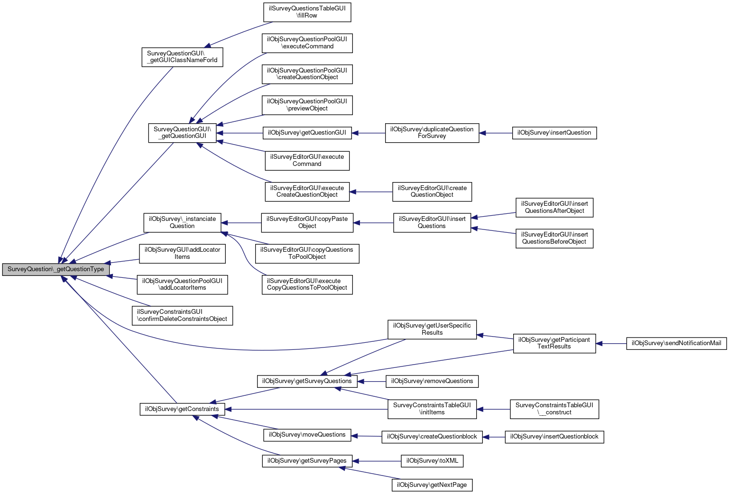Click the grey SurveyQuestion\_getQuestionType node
(56, 269)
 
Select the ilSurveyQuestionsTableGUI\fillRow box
(307, 12)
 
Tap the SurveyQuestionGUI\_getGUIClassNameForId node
(182, 57)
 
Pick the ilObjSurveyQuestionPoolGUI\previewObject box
(307, 105)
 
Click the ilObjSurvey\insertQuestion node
(554, 133)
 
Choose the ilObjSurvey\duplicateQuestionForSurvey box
(432, 133)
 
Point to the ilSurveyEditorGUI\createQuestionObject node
(432, 192)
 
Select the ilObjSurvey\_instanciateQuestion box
(182, 222)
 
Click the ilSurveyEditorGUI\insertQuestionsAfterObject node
(554, 207)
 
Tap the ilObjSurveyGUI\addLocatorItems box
(182, 253)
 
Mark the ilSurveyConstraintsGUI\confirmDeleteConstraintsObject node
(182, 315)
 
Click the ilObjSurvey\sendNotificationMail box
(676, 343)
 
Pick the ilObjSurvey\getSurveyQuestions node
(307, 381)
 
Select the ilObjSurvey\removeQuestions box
(432, 381)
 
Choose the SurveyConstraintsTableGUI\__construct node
(554, 409)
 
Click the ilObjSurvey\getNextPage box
(432, 485)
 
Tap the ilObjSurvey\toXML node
(432, 461)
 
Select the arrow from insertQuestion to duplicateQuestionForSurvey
(496, 133)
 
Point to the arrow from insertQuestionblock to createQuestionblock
(494, 437)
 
